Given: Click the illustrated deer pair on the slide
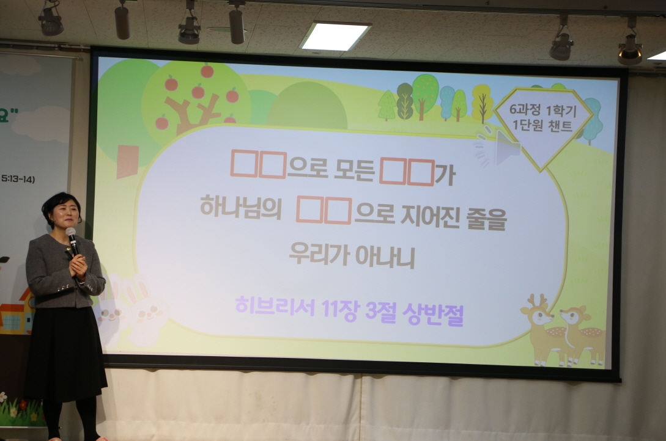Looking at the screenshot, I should coord(562,330).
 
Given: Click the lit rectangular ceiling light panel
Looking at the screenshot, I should coord(335,36).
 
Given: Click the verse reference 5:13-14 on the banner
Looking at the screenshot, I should coord(18,179).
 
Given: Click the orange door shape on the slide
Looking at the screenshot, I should coord(127,161).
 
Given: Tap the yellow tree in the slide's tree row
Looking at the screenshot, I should coord(482,104).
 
